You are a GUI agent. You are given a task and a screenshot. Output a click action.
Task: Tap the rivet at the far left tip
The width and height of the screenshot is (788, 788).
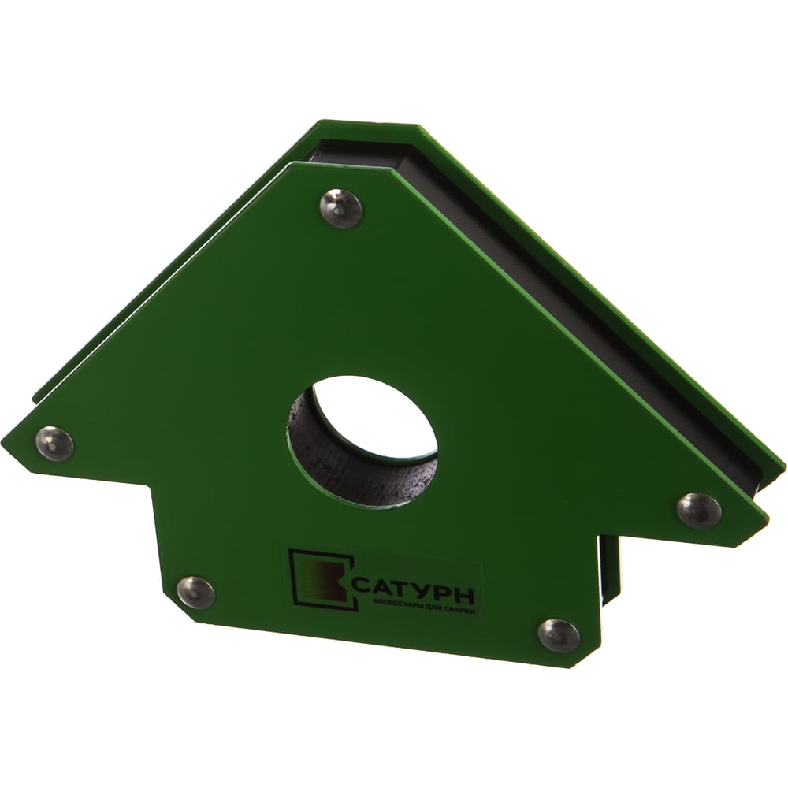pyautogui.click(x=56, y=443)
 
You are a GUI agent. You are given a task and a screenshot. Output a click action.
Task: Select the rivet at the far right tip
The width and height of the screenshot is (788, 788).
pyautogui.click(x=698, y=510)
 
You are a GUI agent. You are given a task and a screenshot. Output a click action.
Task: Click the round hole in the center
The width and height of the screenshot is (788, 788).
pyautogui.click(x=362, y=442)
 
